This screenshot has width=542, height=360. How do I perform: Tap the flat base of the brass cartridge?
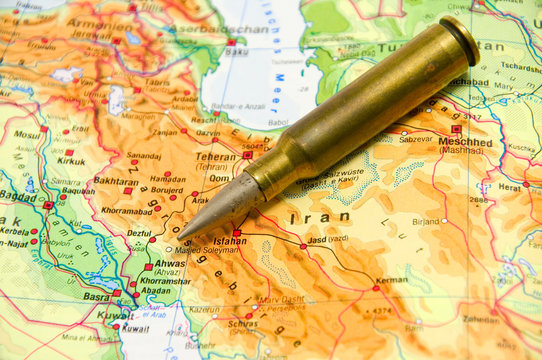459,39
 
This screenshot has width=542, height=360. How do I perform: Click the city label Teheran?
216,157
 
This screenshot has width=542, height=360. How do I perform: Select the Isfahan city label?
230,241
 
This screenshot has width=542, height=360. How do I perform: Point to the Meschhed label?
465,141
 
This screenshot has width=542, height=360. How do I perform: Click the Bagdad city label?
18,196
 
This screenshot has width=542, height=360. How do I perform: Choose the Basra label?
97,297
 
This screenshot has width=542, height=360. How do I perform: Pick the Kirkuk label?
71,160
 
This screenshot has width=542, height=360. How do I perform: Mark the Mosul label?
27,134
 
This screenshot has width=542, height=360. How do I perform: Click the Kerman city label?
391,280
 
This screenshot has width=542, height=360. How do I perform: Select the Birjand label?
426,222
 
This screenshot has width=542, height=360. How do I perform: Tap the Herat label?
510,187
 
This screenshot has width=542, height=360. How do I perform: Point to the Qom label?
218,179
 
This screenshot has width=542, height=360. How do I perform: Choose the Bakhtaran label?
115,182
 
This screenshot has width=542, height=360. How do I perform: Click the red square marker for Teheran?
247,155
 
